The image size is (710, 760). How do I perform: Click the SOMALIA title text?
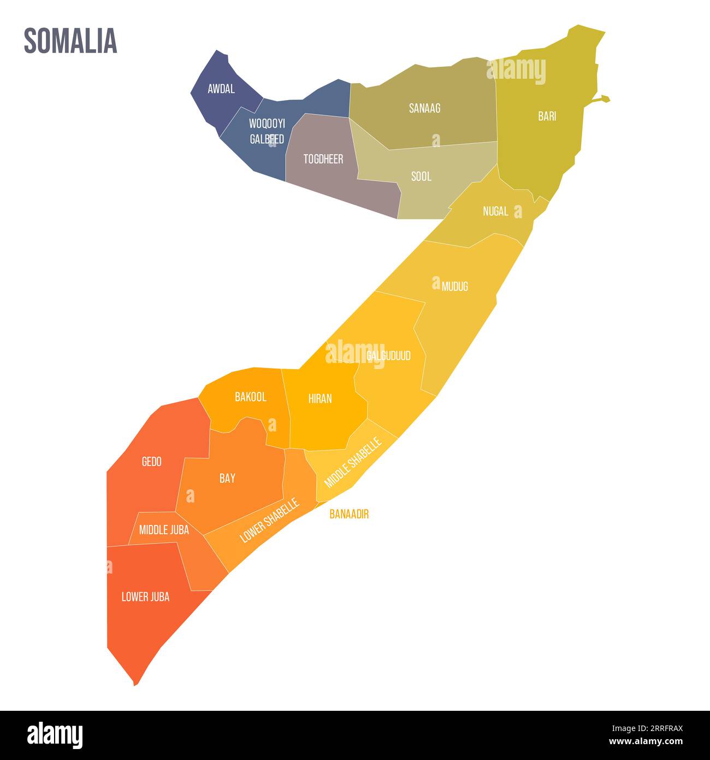click(70, 41)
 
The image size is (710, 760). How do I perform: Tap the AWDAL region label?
click(221, 89)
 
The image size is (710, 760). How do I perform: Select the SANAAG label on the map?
click(424, 108)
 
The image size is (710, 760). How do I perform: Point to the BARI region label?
click(547, 116)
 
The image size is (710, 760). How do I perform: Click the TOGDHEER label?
click(323, 159)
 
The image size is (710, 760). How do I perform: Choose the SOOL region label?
click(421, 177)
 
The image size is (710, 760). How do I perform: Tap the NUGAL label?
click(495, 211)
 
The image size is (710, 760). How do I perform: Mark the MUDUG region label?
click(454, 287)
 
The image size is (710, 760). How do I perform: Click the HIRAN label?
click(320, 399)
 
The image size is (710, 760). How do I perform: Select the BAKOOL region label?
click(251, 397)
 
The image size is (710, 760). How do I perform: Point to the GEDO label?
click(151, 461)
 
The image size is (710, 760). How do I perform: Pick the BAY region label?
click(227, 478)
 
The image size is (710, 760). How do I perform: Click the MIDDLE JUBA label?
click(164, 529)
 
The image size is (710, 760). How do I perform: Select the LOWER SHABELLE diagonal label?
click(270, 520)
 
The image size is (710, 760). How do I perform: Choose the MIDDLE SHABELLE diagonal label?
click(352, 462)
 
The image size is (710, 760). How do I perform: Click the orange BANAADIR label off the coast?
click(349, 514)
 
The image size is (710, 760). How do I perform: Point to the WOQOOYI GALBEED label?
click(267, 131)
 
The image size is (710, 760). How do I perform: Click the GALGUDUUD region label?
click(388, 356)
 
